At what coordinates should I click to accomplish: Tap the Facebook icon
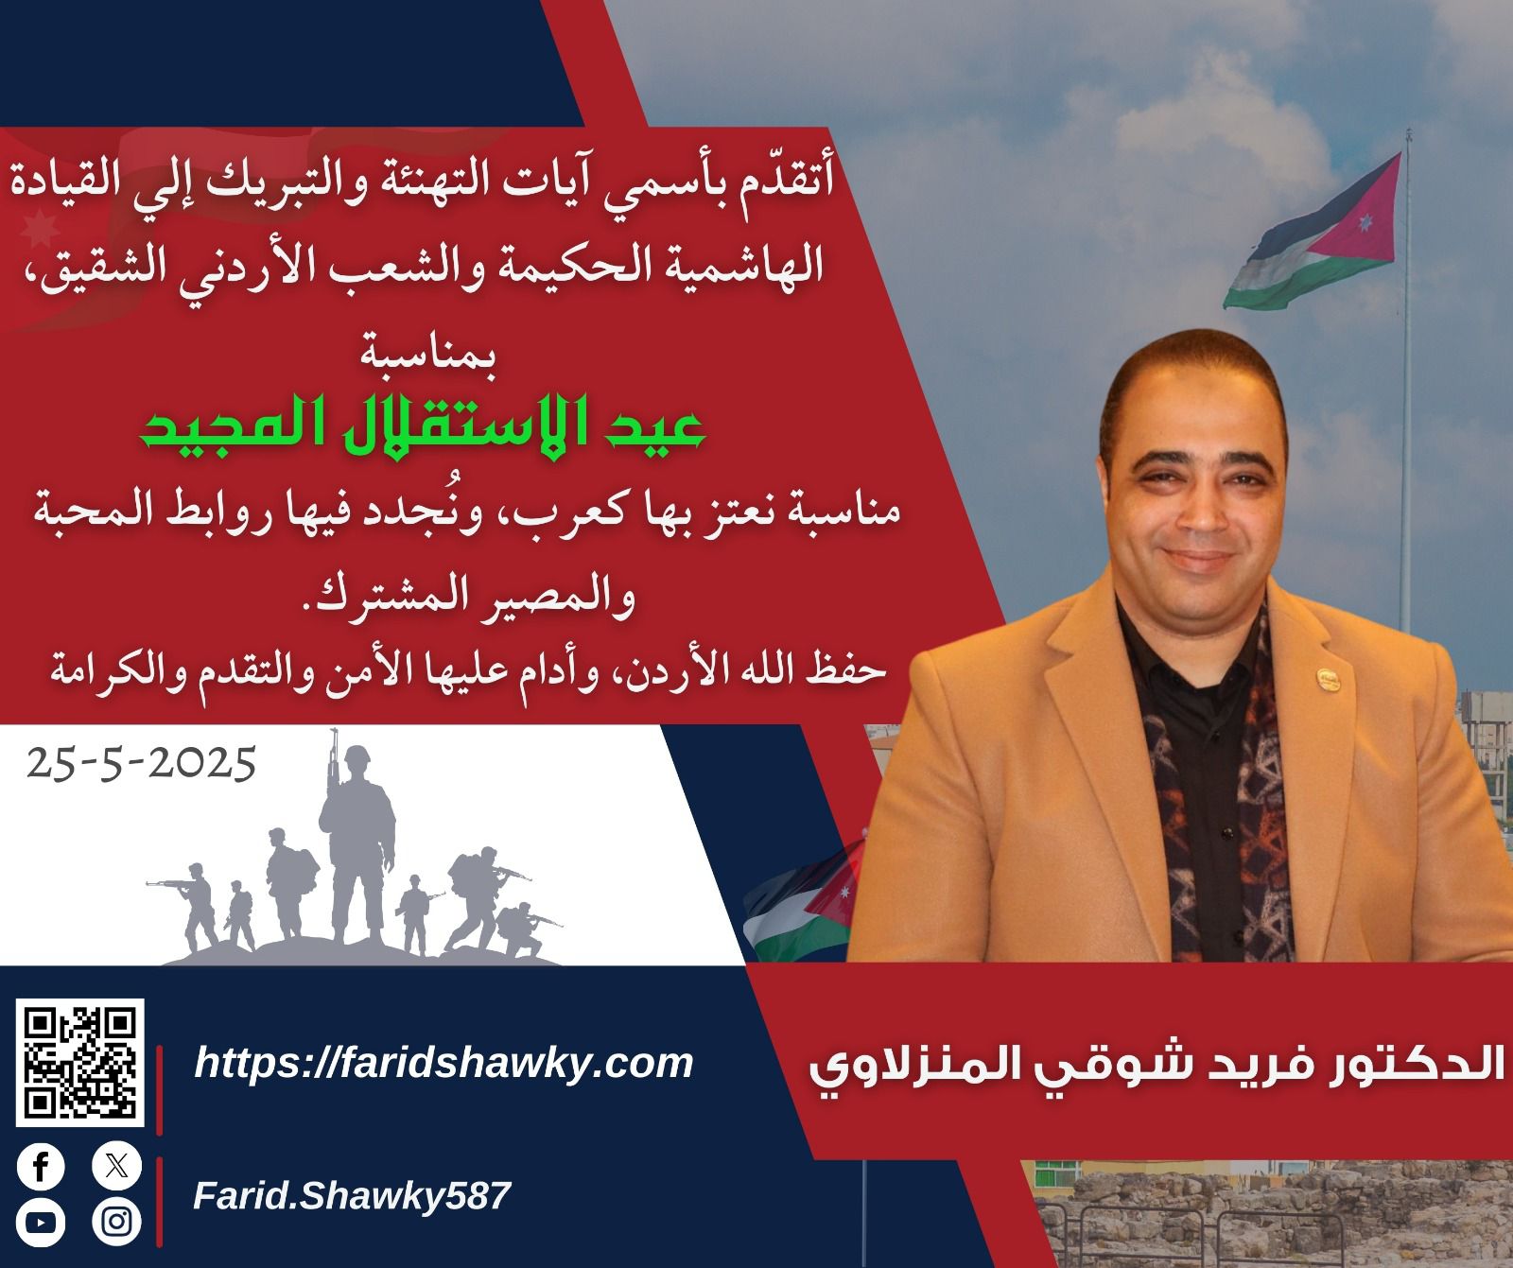(x=41, y=1167)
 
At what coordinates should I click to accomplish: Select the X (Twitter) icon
(x=116, y=1167)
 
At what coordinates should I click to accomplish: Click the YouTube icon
(x=41, y=1222)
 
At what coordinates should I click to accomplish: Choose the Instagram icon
(x=116, y=1222)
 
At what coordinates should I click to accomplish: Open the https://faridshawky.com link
(x=443, y=1064)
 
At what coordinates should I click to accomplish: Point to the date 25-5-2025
(x=142, y=762)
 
